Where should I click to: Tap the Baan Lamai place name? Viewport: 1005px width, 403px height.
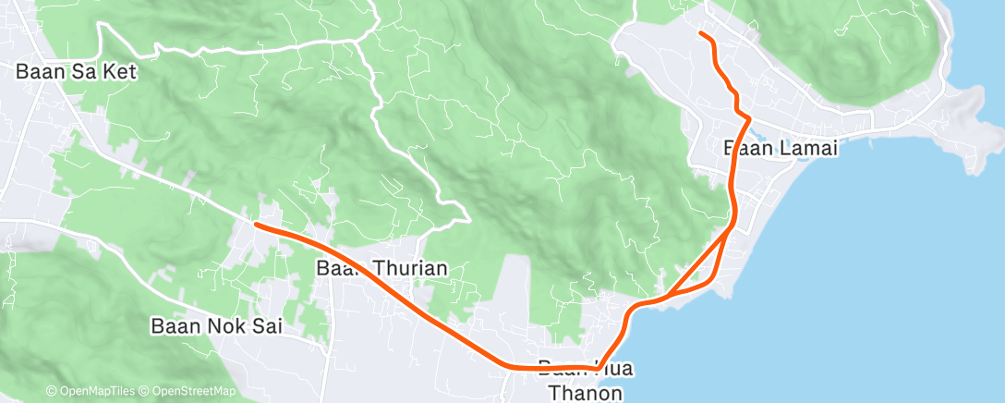click(x=780, y=148)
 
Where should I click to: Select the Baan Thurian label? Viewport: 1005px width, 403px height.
click(x=381, y=269)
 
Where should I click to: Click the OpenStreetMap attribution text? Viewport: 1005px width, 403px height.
click(x=189, y=392)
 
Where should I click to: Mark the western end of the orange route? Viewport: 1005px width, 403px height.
click(x=256, y=224)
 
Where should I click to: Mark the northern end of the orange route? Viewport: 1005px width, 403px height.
click(x=701, y=33)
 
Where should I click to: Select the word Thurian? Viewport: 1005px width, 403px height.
click(x=407, y=269)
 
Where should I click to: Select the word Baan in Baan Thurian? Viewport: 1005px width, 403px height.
click(x=338, y=269)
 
